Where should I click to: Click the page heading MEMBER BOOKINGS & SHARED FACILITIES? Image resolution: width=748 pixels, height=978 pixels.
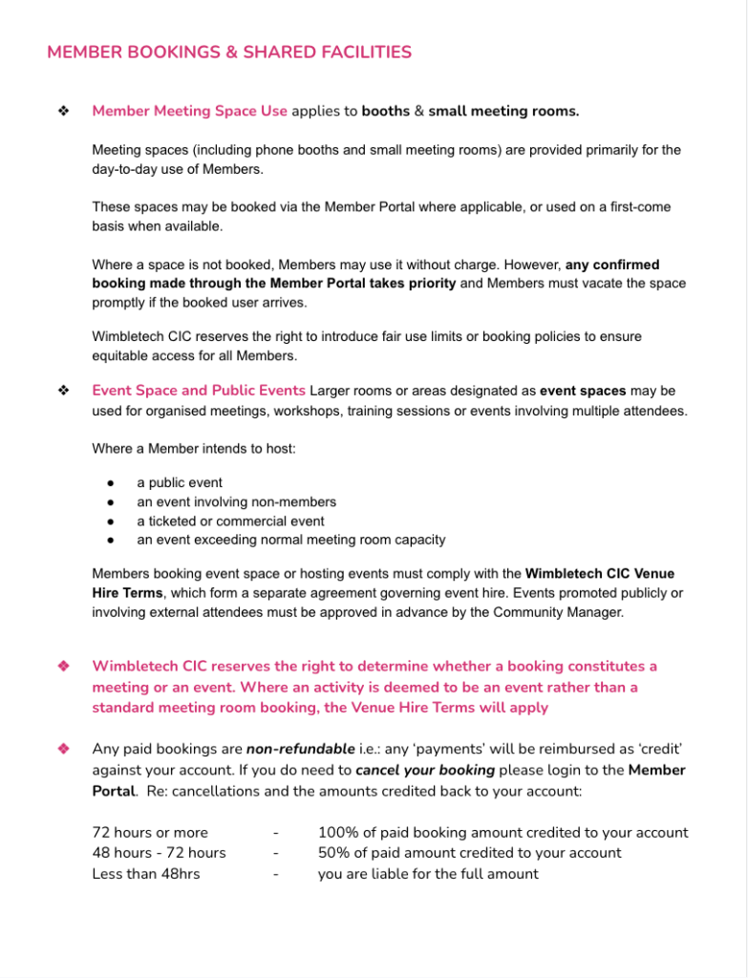[229, 53]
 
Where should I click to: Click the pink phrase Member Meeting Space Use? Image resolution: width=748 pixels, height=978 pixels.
[189, 111]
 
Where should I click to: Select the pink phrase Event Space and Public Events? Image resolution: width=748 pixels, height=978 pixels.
[199, 391]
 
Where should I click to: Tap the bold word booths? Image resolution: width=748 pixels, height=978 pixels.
[385, 111]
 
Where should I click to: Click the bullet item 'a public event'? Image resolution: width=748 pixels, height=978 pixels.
[180, 483]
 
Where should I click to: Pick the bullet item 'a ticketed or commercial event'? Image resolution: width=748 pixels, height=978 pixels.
[230, 521]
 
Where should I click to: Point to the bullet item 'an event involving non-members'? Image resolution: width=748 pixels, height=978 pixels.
[236, 502]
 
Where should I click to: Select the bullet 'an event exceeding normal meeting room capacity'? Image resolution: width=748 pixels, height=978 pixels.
[290, 540]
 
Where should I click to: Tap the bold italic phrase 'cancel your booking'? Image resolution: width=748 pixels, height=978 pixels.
[425, 770]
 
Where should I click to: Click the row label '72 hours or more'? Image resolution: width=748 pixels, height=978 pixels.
[150, 833]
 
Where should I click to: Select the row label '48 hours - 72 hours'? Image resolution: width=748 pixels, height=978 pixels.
[159, 853]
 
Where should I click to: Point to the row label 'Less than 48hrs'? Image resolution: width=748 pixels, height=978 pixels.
[146, 873]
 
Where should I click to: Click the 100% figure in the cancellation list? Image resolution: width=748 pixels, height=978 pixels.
[336, 833]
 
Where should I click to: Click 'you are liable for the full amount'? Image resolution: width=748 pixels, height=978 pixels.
[428, 873]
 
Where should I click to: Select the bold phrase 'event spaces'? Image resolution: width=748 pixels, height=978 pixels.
[583, 391]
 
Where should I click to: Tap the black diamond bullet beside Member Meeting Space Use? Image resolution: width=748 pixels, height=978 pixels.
[64, 111]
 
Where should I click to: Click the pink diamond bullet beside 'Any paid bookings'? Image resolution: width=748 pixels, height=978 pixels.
[64, 749]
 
